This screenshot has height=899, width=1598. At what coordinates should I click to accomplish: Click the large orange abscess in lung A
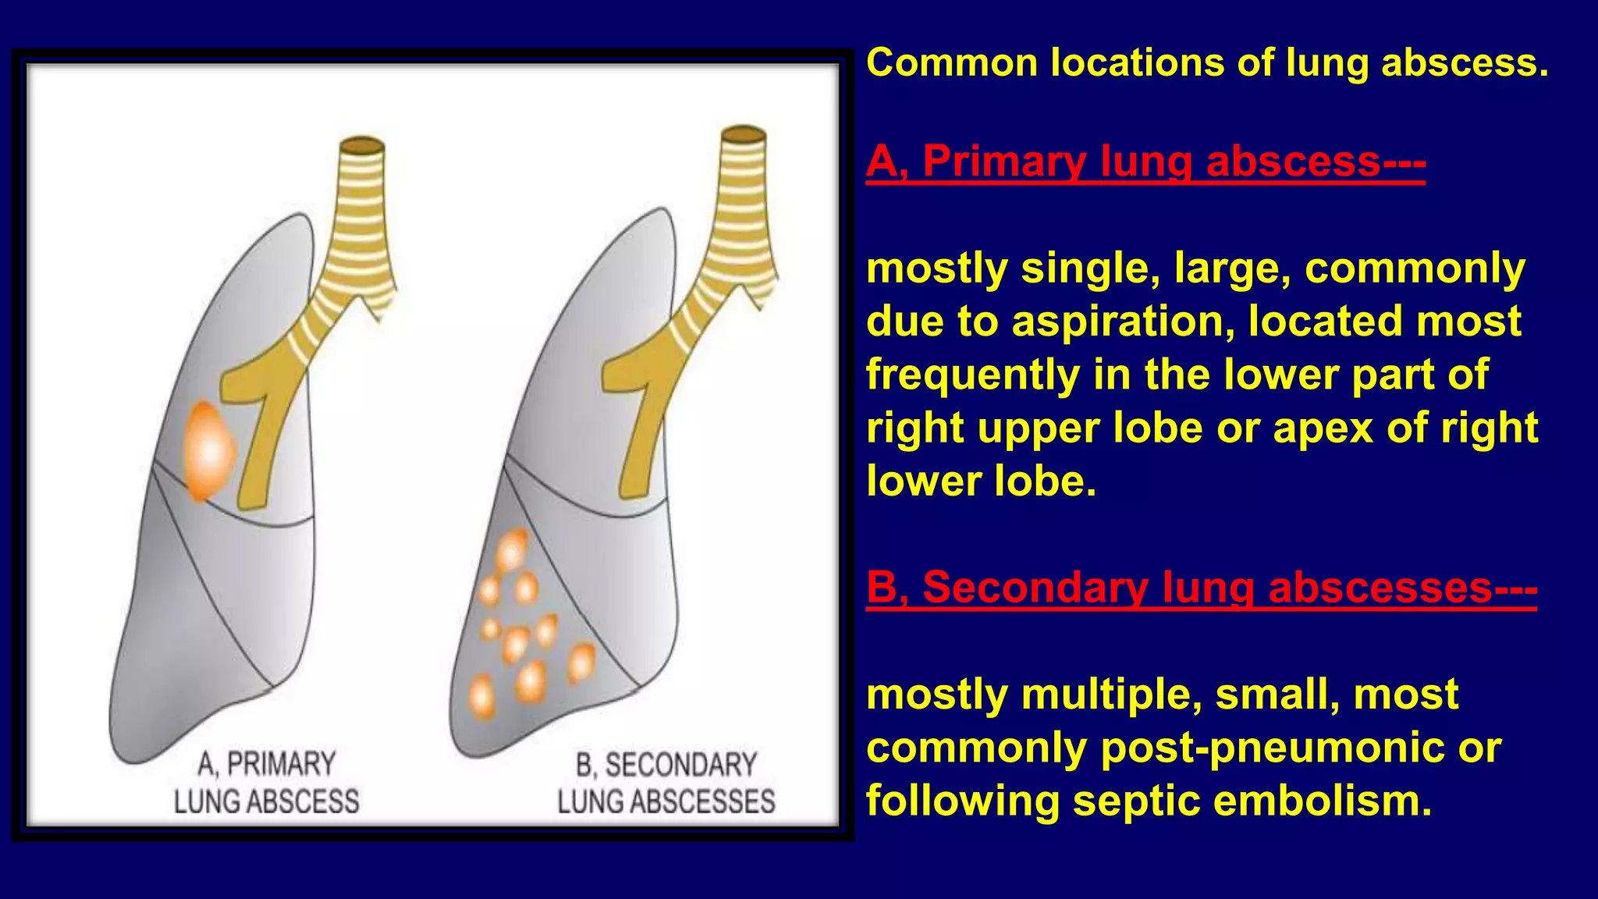(x=208, y=451)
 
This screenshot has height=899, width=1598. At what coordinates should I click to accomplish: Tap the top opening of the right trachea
(x=743, y=135)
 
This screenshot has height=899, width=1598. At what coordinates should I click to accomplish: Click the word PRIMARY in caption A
(x=281, y=764)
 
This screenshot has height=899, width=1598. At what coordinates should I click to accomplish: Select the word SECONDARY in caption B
(x=680, y=765)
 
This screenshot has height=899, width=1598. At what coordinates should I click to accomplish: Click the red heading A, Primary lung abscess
(x=1145, y=162)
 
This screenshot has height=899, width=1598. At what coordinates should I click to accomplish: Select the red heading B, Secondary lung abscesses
(x=1201, y=588)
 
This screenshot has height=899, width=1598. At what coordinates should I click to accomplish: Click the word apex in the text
(x=1322, y=428)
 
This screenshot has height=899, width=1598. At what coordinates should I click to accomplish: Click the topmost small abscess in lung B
(x=511, y=550)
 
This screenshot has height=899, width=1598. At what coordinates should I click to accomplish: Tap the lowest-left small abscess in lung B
(x=481, y=695)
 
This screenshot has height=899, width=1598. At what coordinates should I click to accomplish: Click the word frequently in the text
(x=972, y=375)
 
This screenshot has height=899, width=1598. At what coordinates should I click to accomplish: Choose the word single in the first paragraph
(x=1085, y=268)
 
